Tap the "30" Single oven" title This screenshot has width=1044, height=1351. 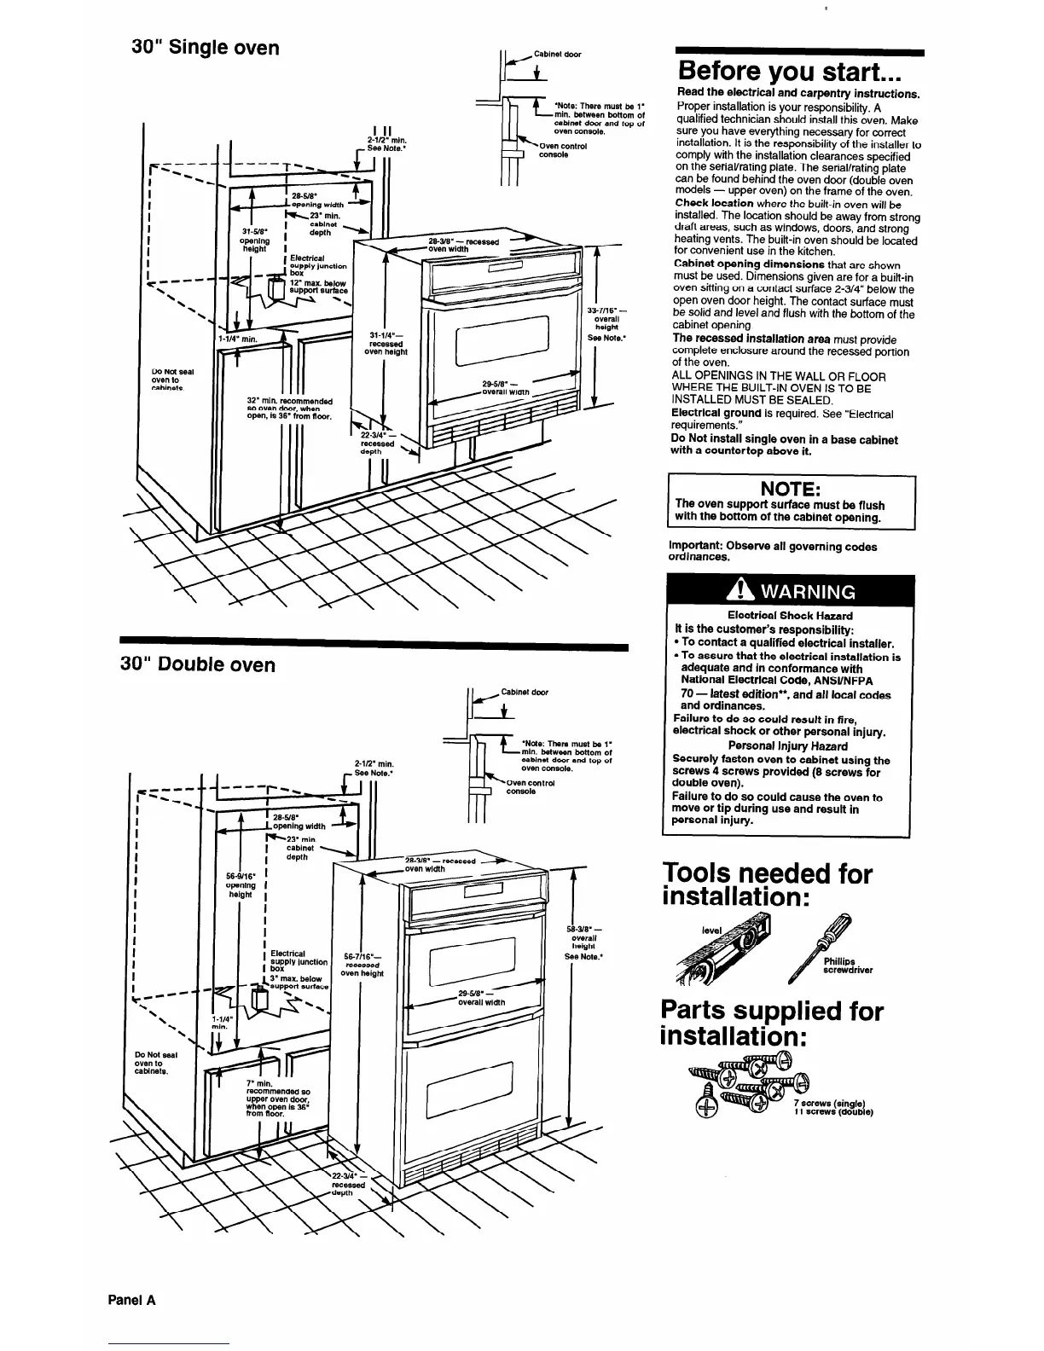coord(206,47)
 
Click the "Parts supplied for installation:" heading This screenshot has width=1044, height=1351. coord(771,1023)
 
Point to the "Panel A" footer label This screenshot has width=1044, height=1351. coord(131,1301)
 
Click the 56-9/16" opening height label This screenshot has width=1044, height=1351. coord(240,884)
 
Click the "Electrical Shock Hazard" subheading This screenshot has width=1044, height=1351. coord(789,615)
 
